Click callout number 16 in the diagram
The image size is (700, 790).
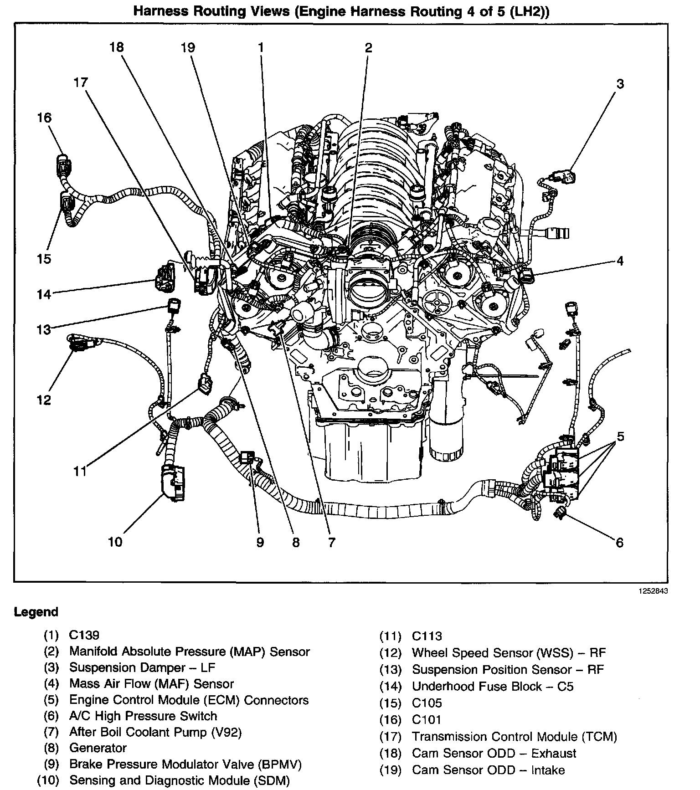click(45, 118)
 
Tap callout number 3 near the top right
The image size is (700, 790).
click(620, 84)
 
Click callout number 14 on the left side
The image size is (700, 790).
click(44, 294)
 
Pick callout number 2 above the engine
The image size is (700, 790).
click(368, 47)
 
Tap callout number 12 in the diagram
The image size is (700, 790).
click(44, 400)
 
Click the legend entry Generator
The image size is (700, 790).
click(98, 748)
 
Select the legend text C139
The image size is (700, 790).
click(84, 635)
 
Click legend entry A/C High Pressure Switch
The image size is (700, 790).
click(143, 716)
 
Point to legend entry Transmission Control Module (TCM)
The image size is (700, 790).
click(514, 736)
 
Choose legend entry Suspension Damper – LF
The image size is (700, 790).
click(142, 667)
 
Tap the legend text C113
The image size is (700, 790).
click(427, 636)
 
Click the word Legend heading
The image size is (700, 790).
click(36, 612)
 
